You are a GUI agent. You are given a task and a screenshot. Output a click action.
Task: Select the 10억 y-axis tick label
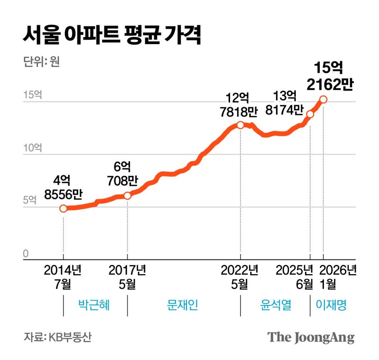point(33,147)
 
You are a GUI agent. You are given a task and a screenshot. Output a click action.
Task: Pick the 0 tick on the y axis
point(26,253)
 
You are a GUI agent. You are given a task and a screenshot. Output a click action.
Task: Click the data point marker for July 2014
point(63,208)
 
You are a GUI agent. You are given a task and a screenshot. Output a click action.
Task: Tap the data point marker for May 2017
point(127,196)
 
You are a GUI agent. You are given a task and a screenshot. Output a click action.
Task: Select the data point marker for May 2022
point(240,125)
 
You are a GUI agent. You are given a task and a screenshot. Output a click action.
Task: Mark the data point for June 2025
point(310,114)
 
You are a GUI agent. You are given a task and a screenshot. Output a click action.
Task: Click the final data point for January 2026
point(323,100)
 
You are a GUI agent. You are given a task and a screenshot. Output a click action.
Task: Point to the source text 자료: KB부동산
point(58,338)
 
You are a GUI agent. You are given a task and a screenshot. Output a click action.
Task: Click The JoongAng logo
point(311,338)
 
